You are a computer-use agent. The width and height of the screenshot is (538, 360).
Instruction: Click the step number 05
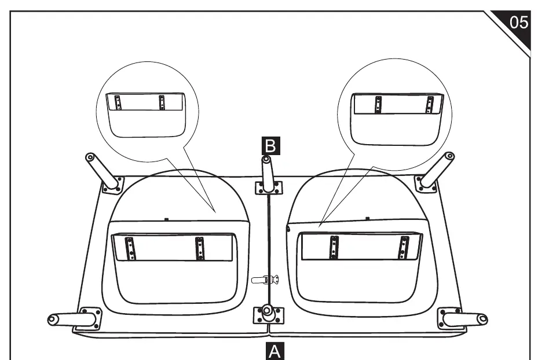[x=518, y=23]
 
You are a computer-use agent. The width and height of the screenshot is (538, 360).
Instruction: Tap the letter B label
[x=270, y=146]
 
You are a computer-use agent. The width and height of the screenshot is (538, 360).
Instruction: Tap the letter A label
[x=275, y=351]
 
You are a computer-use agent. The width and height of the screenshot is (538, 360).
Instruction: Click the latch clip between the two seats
[x=265, y=280]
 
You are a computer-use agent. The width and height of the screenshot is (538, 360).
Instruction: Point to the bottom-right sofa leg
[x=464, y=319]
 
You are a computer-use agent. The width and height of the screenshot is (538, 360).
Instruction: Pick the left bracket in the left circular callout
[x=118, y=102]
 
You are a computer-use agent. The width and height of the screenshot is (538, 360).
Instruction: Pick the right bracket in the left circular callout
[x=162, y=102]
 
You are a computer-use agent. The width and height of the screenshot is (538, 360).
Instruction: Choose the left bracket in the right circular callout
[x=378, y=104]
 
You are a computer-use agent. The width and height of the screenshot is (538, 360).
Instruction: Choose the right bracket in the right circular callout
[x=429, y=105]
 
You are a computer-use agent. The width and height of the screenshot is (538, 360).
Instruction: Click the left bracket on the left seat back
[x=130, y=248]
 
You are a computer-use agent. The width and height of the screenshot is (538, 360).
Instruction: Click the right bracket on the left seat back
[x=200, y=248]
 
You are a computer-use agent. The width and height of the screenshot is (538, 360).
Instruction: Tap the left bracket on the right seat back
[x=334, y=247]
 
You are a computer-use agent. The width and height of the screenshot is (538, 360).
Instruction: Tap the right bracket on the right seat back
[x=404, y=248]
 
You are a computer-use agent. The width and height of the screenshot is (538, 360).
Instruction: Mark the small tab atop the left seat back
[x=166, y=219]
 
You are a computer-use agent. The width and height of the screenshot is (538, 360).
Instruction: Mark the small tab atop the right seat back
[x=368, y=218]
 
